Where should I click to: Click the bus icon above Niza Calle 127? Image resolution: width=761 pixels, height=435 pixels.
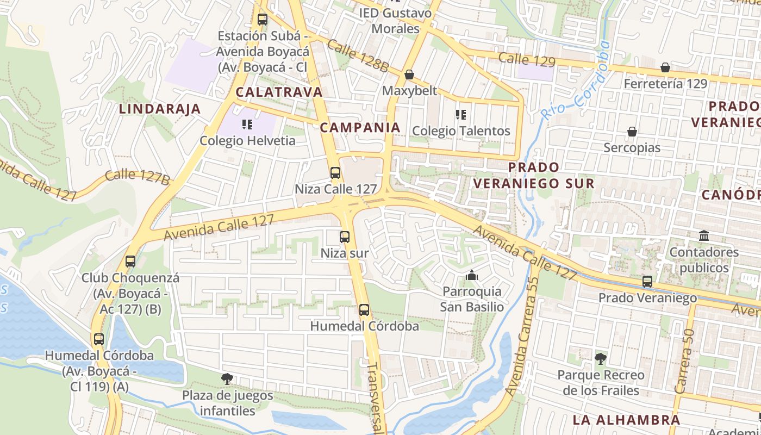pyautogui.click(x=335, y=173)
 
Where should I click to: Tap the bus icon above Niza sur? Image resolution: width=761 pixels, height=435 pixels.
pyautogui.click(x=344, y=237)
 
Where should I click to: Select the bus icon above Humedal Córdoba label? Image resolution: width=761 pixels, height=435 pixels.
pyautogui.click(x=364, y=310)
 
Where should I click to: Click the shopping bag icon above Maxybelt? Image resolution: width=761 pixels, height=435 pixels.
pyautogui.click(x=409, y=74)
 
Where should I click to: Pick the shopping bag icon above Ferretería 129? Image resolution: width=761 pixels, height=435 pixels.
pyautogui.click(x=665, y=67)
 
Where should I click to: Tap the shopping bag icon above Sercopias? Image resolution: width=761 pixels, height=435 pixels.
pyautogui.click(x=632, y=132)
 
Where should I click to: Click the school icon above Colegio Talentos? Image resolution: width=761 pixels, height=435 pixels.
pyautogui.click(x=461, y=115)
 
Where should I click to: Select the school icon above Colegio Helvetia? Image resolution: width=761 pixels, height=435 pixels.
pyautogui.click(x=247, y=125)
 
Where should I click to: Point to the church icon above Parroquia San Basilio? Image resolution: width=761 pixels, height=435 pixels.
pyautogui.click(x=471, y=276)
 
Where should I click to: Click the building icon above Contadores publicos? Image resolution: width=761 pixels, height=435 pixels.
pyautogui.click(x=704, y=236)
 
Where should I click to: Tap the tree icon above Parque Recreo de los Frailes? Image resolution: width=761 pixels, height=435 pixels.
pyautogui.click(x=601, y=358)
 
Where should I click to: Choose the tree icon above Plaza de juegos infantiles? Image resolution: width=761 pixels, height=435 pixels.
pyautogui.click(x=227, y=378)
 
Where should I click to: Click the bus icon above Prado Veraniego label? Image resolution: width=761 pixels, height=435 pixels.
pyautogui.click(x=647, y=282)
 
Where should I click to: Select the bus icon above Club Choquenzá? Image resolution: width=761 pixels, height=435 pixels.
pyautogui.click(x=130, y=261)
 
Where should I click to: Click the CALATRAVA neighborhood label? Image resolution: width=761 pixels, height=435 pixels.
pyautogui.click(x=279, y=92)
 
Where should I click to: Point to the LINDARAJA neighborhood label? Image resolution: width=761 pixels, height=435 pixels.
pyautogui.click(x=160, y=109)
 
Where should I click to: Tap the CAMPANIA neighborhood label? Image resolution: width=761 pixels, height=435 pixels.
pyautogui.click(x=360, y=128)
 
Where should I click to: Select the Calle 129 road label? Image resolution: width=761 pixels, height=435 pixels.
pyautogui.click(x=526, y=59)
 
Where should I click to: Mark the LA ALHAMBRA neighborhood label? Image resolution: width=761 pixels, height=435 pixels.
pyautogui.click(x=626, y=420)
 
